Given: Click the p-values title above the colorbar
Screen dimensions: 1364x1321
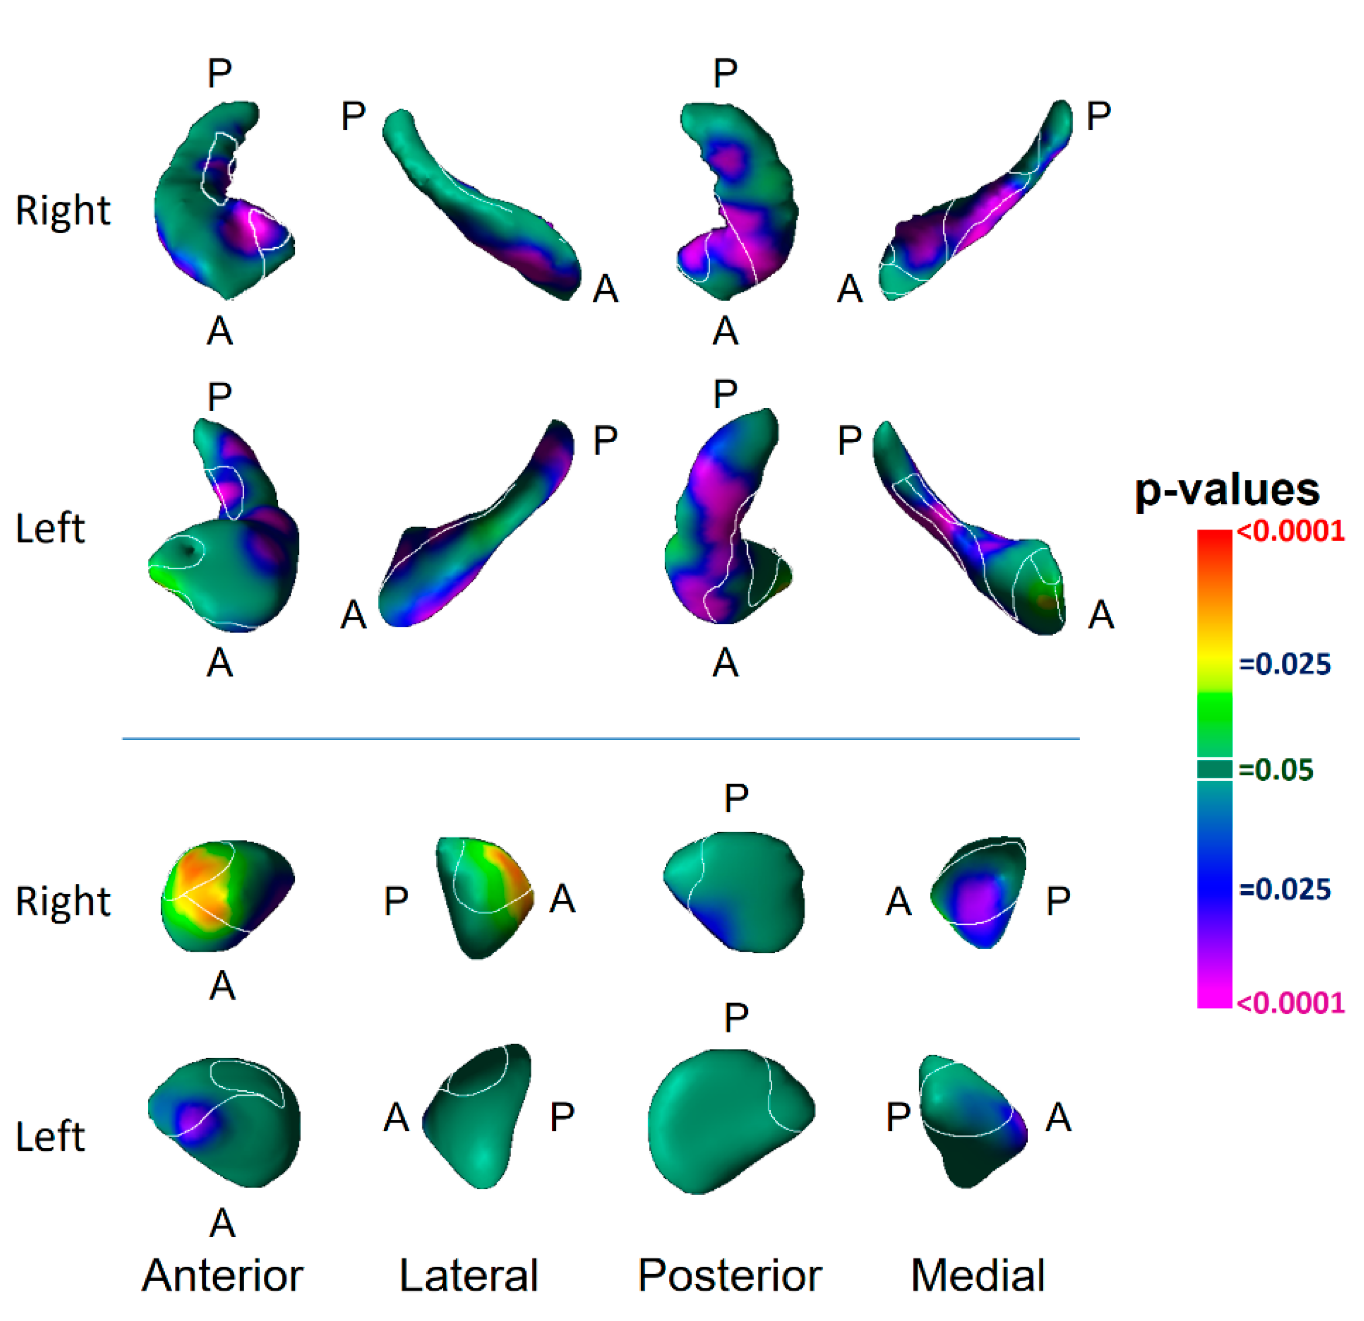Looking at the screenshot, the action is [x=1226, y=491].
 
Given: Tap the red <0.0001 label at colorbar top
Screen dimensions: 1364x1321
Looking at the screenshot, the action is [x=1290, y=532].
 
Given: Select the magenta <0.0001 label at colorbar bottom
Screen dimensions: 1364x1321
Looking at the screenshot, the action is [x=1290, y=1003].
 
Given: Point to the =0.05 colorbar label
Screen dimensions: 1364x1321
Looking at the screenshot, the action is [x=1276, y=770].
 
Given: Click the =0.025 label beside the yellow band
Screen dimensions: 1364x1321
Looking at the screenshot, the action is [x=1284, y=664].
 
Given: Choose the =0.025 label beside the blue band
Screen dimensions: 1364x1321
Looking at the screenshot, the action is [x=1284, y=890].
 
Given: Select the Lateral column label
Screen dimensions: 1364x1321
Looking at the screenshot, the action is [x=468, y=1275].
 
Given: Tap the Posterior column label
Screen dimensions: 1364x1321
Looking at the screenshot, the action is [x=729, y=1275].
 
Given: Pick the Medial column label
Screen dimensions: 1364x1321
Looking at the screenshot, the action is [x=977, y=1275].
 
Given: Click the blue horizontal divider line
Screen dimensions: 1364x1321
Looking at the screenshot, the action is [x=600, y=738].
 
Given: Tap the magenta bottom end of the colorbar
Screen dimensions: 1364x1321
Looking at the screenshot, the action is [x=1215, y=999].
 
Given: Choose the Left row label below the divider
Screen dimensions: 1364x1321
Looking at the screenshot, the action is [x=50, y=1136].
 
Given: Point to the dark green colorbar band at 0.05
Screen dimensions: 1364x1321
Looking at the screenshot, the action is [x=1215, y=769].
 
